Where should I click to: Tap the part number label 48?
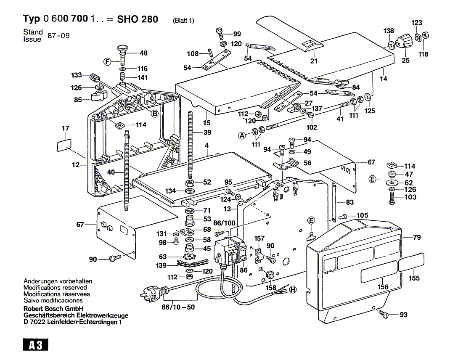[143, 53]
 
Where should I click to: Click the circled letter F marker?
[107, 61]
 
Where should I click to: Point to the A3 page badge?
[36, 345]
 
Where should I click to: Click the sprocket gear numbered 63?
[189, 257]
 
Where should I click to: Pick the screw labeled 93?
[384, 313]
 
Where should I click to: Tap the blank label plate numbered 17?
[64, 145]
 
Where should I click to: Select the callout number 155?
[414, 278]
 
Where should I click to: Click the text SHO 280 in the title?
[138, 19]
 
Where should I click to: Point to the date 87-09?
[58, 36]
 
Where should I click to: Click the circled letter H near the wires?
[292, 290]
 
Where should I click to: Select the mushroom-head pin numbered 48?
[123, 54]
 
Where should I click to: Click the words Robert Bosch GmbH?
[53, 309]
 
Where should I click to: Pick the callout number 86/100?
[224, 223]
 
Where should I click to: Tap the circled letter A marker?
[242, 135]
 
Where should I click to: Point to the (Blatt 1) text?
[183, 20]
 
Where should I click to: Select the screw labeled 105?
[343, 216]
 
